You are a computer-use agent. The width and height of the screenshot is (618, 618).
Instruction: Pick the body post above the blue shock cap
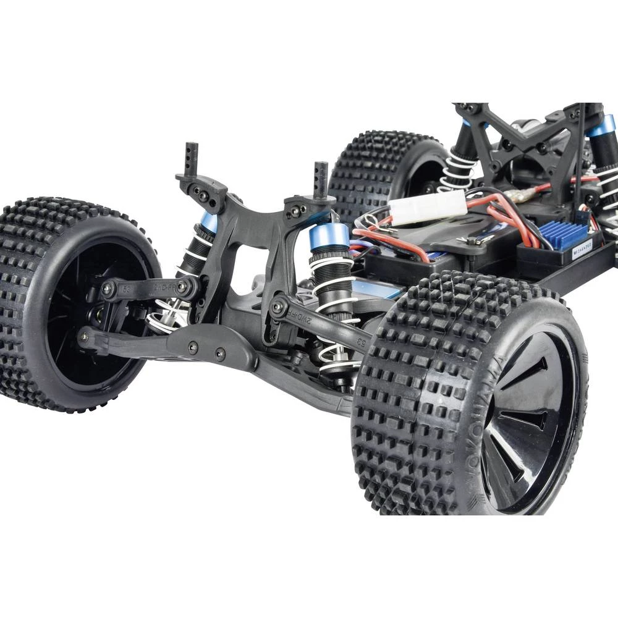pyautogui.click(x=321, y=179)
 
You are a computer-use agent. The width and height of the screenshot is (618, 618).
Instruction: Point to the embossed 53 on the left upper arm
pyautogui.click(x=126, y=288)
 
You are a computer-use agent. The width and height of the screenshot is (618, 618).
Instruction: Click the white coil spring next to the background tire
pyautogui.click(x=458, y=170)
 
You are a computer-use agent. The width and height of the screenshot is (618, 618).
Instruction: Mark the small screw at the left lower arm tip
pyautogui.click(x=83, y=336)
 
